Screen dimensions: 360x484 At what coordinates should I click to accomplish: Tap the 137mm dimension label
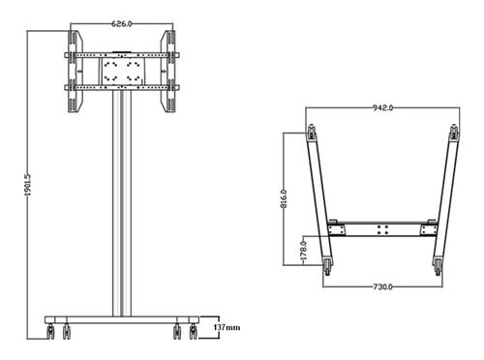227,329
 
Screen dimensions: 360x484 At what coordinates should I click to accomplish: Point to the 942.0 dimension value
383,108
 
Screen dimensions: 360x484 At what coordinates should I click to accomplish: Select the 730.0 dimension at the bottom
382,287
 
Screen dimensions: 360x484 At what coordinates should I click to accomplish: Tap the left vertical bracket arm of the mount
73,73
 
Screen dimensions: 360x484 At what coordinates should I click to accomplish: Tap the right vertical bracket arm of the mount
170,73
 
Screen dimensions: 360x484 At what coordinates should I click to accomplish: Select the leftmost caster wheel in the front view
50,332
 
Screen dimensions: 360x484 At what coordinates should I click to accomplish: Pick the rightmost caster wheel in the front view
193,332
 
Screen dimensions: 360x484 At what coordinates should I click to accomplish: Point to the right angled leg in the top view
444,198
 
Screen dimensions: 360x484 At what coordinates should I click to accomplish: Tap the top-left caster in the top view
312,134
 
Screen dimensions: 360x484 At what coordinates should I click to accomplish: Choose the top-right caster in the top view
455,134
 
